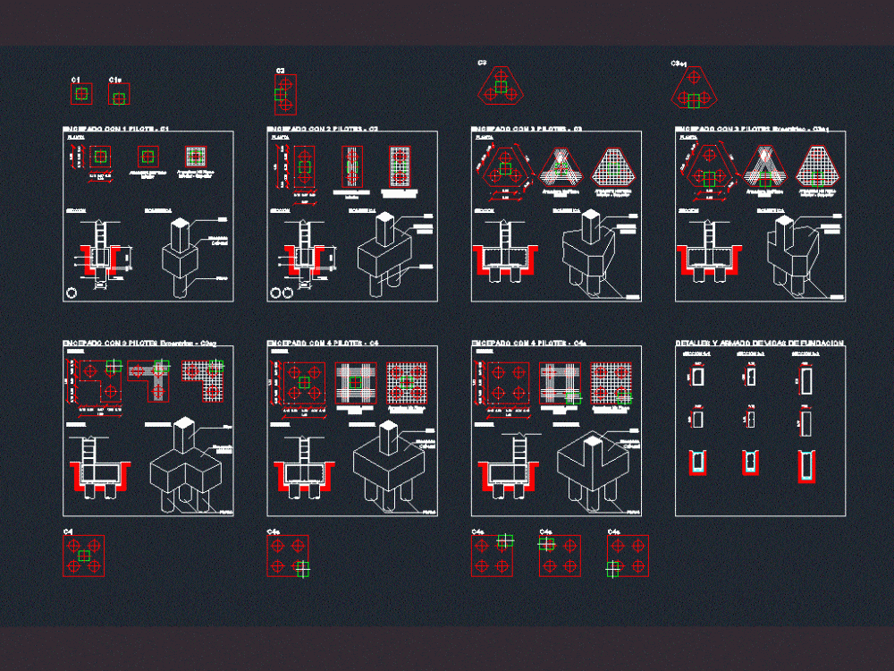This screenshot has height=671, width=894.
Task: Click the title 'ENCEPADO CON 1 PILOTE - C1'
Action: click(115, 130)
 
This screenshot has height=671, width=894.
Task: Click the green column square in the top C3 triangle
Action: click(501, 88)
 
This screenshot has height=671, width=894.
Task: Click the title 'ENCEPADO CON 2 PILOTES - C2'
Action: click(323, 130)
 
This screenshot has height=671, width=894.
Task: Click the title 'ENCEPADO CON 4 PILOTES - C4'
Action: click(323, 343)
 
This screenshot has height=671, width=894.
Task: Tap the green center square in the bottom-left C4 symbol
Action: click(84, 556)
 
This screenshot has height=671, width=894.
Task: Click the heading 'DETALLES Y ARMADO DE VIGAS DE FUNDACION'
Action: click(759, 344)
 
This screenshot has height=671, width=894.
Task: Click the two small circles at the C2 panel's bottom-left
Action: click(282, 293)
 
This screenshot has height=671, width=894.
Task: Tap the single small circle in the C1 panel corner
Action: click(72, 293)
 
